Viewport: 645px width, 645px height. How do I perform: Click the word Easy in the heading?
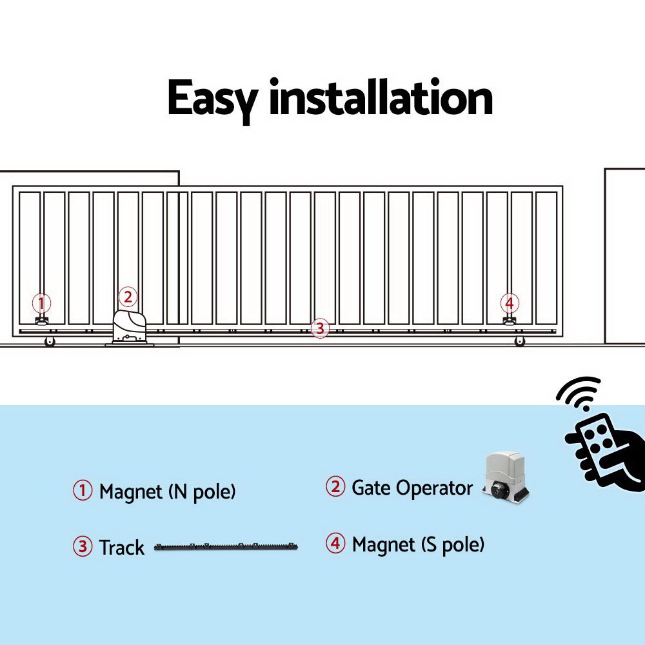click(212, 99)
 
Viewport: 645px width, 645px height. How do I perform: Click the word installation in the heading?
click(381, 98)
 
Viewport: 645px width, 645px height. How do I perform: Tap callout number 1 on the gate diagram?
click(41, 303)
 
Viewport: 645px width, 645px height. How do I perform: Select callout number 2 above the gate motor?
click(128, 297)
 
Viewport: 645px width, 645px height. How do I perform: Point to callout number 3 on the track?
click(319, 328)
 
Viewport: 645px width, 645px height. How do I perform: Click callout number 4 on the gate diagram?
click(510, 303)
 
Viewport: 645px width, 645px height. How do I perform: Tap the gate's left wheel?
click(50, 341)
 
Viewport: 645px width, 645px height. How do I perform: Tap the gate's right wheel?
click(520, 341)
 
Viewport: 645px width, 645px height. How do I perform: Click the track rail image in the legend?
click(226, 548)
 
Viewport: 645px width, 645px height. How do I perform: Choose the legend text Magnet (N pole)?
click(167, 492)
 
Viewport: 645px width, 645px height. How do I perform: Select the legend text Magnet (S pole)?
click(418, 544)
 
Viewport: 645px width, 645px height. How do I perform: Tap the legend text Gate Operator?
click(412, 488)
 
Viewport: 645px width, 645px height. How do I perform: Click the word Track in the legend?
click(121, 548)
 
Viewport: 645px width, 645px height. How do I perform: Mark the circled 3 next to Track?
click(83, 547)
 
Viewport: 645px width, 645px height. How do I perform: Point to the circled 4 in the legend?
click(335, 544)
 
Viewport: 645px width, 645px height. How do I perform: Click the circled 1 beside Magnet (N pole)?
click(83, 491)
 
